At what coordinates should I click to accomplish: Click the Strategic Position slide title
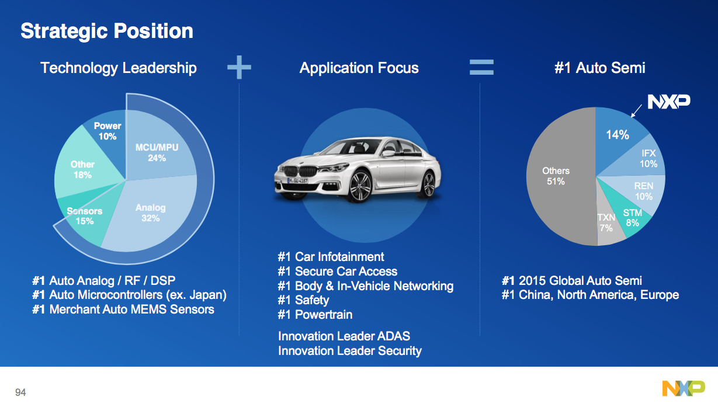[106, 31]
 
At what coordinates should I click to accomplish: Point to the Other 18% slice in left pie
[83, 169]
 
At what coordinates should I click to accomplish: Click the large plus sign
[239, 68]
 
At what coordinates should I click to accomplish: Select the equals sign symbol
[482, 67]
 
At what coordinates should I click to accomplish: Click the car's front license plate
[298, 181]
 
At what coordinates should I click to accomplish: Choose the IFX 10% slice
[646, 159]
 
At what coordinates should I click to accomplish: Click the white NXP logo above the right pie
[668, 102]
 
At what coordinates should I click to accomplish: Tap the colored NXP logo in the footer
[684, 388]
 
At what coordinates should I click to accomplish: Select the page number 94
[20, 392]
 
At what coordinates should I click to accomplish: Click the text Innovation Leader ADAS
[344, 336]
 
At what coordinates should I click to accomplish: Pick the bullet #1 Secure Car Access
[338, 271]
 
